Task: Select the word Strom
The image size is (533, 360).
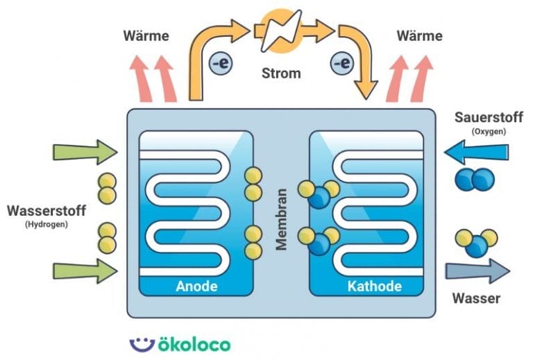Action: click(x=281, y=73)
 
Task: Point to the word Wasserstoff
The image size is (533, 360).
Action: click(x=43, y=209)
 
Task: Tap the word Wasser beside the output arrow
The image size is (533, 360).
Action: click(x=476, y=299)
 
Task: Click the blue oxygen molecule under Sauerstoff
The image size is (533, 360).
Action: click(x=474, y=180)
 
